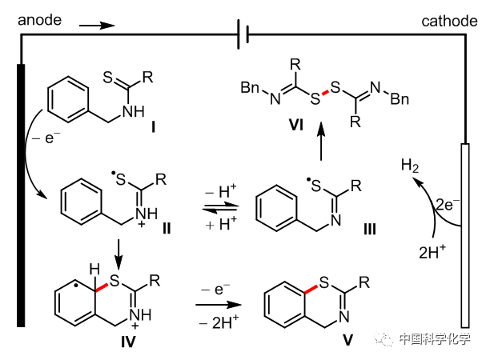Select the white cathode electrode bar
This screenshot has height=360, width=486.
coord(466,232)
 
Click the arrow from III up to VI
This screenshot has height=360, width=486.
coord(321,142)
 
